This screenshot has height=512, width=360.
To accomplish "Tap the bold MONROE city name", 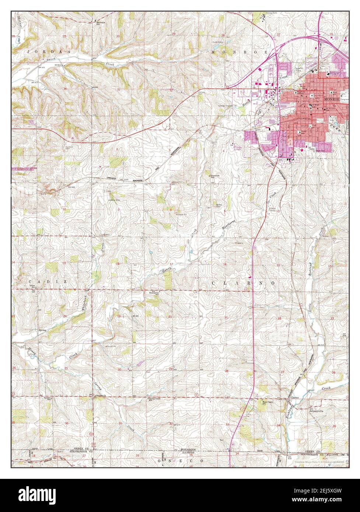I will point(332,99).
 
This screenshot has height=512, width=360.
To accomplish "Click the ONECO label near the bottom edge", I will point(181,461).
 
